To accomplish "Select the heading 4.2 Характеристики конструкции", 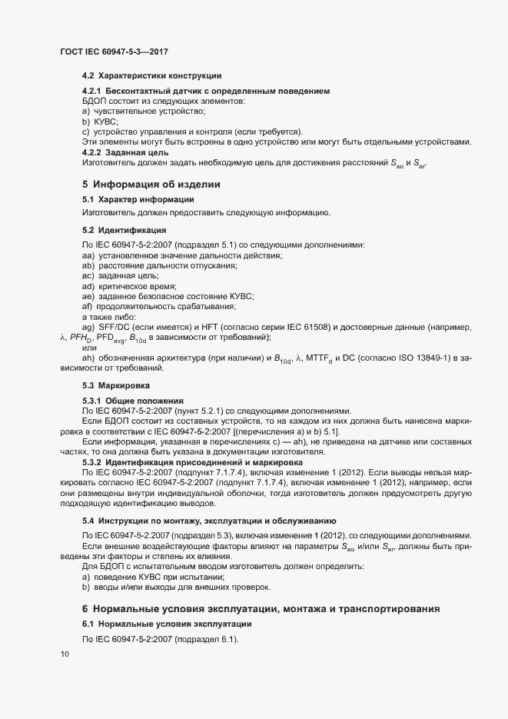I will [x=152, y=75].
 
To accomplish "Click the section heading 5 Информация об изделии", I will [x=151, y=185].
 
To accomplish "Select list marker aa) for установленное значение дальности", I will [x=88, y=255].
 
